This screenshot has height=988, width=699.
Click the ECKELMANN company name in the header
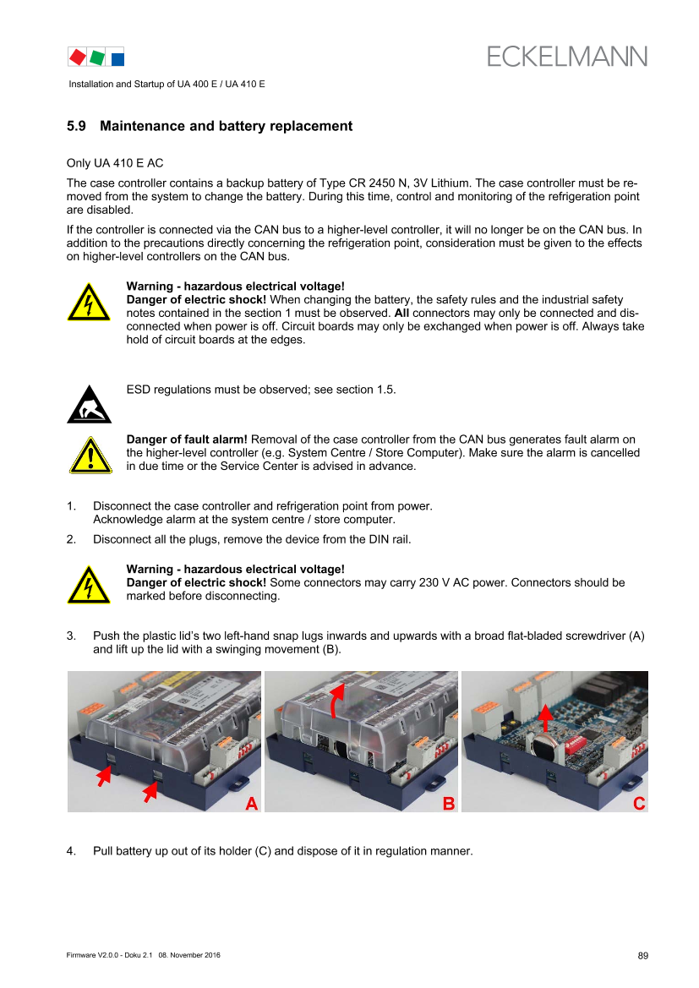click(566, 57)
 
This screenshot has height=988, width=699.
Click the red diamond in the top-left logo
click(78, 57)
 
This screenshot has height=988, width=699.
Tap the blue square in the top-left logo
click(117, 59)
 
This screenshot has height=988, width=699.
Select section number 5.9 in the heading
click(76, 126)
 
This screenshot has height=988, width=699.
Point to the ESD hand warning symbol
click(90, 404)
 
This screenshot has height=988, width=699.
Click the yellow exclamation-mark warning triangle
click(90, 455)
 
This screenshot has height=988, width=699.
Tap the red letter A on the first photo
click(252, 804)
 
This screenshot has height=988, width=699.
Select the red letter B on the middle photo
click(449, 804)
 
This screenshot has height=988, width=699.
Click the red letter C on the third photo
click(639, 804)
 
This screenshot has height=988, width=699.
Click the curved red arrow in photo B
click(336, 701)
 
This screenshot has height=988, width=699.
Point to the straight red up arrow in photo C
click(545, 718)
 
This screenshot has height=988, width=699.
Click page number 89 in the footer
click(643, 956)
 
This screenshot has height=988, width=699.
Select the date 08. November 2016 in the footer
click(189, 955)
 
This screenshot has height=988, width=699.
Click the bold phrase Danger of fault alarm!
click(187, 439)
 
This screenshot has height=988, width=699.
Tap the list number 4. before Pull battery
click(71, 851)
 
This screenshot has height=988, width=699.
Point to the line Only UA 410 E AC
click(115, 163)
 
